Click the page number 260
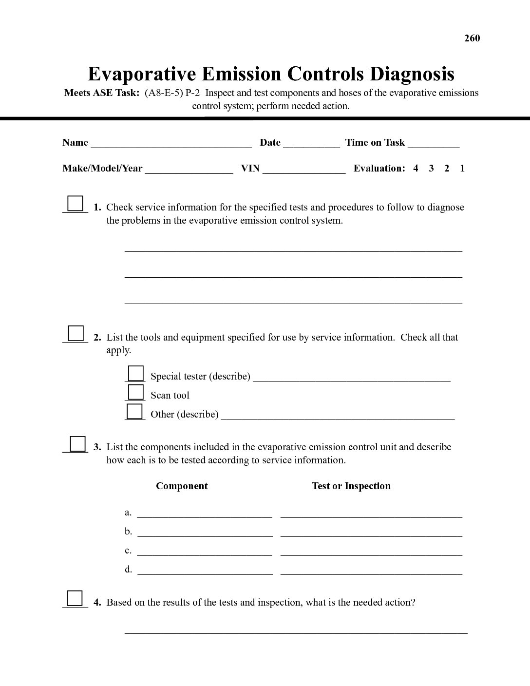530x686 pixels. point(472,38)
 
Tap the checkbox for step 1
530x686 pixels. point(75,203)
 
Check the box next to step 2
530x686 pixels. point(76,333)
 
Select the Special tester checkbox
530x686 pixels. point(135,373)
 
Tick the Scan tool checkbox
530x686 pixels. point(135,392)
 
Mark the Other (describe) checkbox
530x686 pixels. point(134,411)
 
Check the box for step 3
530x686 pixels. point(77,443)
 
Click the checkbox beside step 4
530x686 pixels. point(75,598)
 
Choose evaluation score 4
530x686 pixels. point(416,169)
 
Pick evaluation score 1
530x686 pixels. point(462,169)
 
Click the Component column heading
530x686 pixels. point(182,486)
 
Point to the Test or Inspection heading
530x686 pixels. point(351,486)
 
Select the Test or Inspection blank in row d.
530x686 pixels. point(371,571)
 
